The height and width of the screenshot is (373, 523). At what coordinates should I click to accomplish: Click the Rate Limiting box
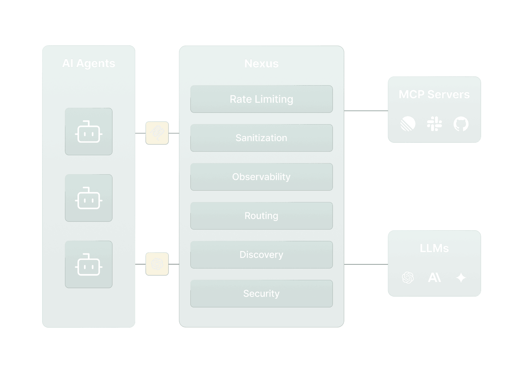[261, 99]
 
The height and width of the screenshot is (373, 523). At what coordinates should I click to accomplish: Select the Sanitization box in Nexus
[261, 138]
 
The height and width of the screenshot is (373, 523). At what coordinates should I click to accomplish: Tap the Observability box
[261, 177]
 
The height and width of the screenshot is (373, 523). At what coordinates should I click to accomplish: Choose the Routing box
[261, 216]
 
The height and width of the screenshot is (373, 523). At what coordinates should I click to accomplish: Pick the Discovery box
[261, 254]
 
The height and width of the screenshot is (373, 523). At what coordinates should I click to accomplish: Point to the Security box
[261, 293]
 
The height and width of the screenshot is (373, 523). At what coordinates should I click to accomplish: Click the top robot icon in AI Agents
[89, 132]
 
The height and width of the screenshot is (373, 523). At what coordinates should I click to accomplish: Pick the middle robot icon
[89, 198]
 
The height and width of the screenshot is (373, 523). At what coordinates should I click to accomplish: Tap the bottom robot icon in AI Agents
[89, 264]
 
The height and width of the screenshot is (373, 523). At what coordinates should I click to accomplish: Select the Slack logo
[434, 124]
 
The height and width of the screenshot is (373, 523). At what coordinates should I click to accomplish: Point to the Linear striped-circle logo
[408, 124]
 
